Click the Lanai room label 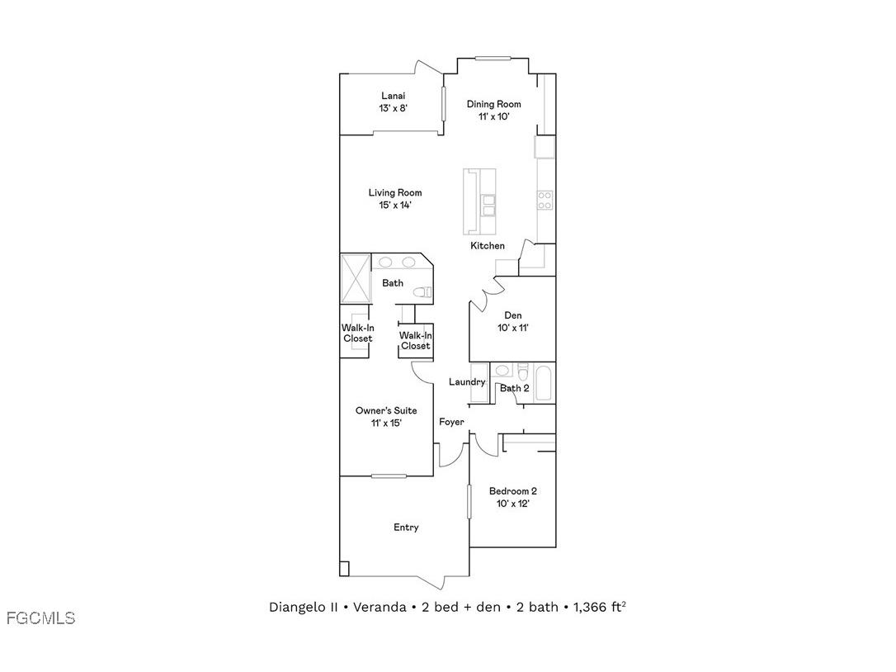394,96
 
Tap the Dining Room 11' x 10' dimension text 493,116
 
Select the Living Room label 394,193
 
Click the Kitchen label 488,246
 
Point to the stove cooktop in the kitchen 545,199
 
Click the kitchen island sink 488,203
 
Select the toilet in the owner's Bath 422,291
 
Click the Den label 513,315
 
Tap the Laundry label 466,382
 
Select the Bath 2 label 515,388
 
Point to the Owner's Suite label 386,410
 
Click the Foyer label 451,422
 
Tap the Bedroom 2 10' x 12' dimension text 512,503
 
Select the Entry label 406,528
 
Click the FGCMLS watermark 40,618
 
